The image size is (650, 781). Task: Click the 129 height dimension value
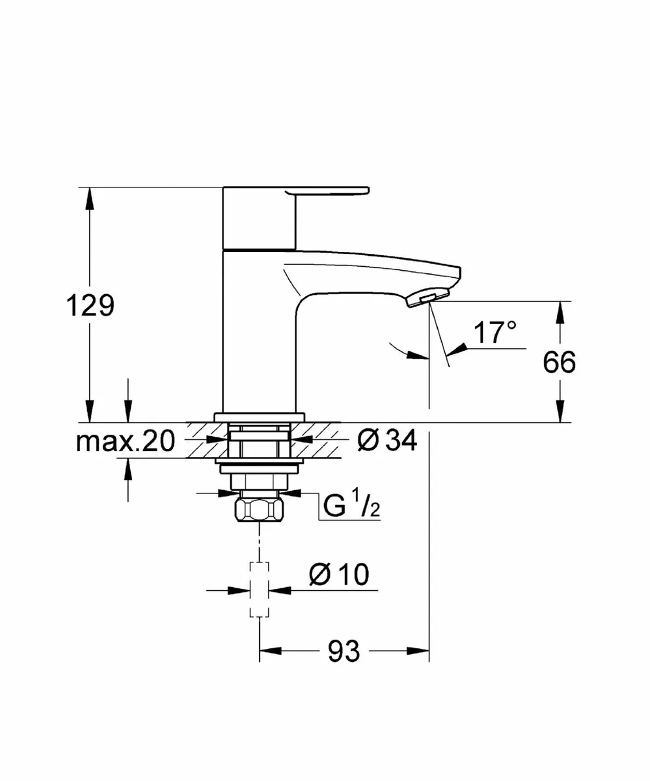pos(90,305)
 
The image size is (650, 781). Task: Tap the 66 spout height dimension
pos(560,363)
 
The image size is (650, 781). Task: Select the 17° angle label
pos(494,333)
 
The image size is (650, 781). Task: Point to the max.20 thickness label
pos(126,442)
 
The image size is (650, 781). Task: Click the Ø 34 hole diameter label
pos(386,441)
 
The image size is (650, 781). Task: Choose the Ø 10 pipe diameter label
pos(338,575)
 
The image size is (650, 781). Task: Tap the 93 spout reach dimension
pos(344,651)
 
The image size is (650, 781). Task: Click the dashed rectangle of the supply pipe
pos(260,589)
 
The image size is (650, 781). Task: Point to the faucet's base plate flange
pos(260,417)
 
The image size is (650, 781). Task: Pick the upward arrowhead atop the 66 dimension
pos(560,311)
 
